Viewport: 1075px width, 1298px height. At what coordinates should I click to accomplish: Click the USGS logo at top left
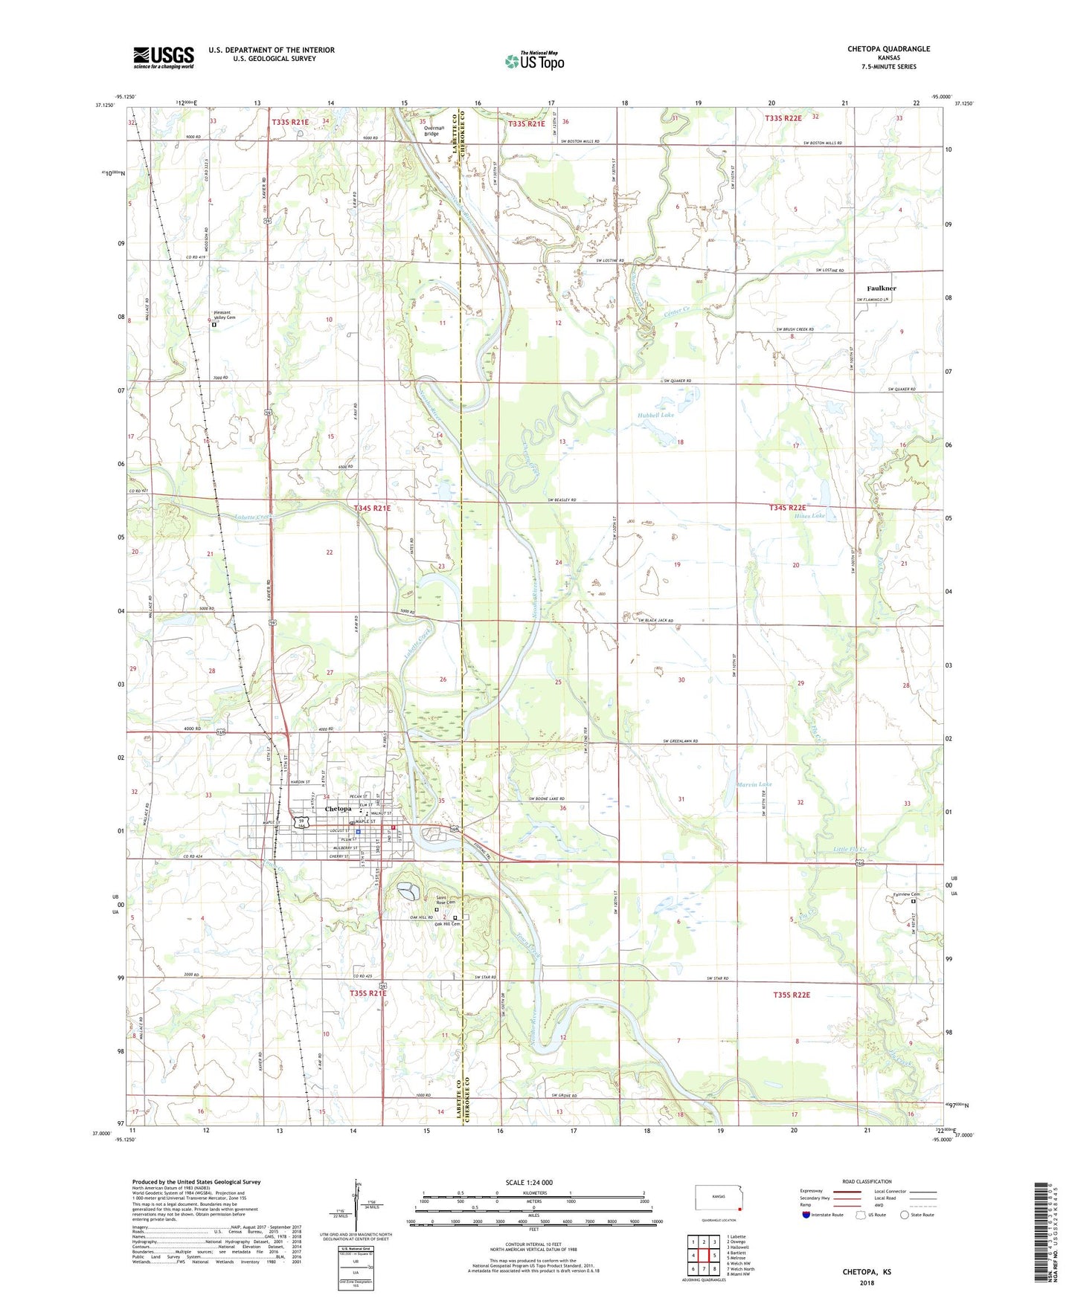pos(164,57)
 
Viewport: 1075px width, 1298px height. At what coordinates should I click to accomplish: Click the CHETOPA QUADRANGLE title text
pos(888,49)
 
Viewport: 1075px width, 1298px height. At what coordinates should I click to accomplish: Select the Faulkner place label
pos(882,288)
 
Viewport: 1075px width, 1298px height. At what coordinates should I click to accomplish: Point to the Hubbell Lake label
pos(655,415)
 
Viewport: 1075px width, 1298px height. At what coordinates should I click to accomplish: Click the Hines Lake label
pos(809,515)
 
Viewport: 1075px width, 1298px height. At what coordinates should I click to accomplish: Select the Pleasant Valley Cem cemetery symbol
pos(214,324)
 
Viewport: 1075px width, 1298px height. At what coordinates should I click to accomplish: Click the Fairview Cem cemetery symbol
pos(914,901)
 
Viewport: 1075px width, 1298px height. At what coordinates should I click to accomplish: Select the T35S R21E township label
pos(368,992)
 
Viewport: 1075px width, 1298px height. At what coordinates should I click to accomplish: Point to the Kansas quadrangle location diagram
pos(718,1199)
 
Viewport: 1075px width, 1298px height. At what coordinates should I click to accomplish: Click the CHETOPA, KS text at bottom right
pos(867,1272)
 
